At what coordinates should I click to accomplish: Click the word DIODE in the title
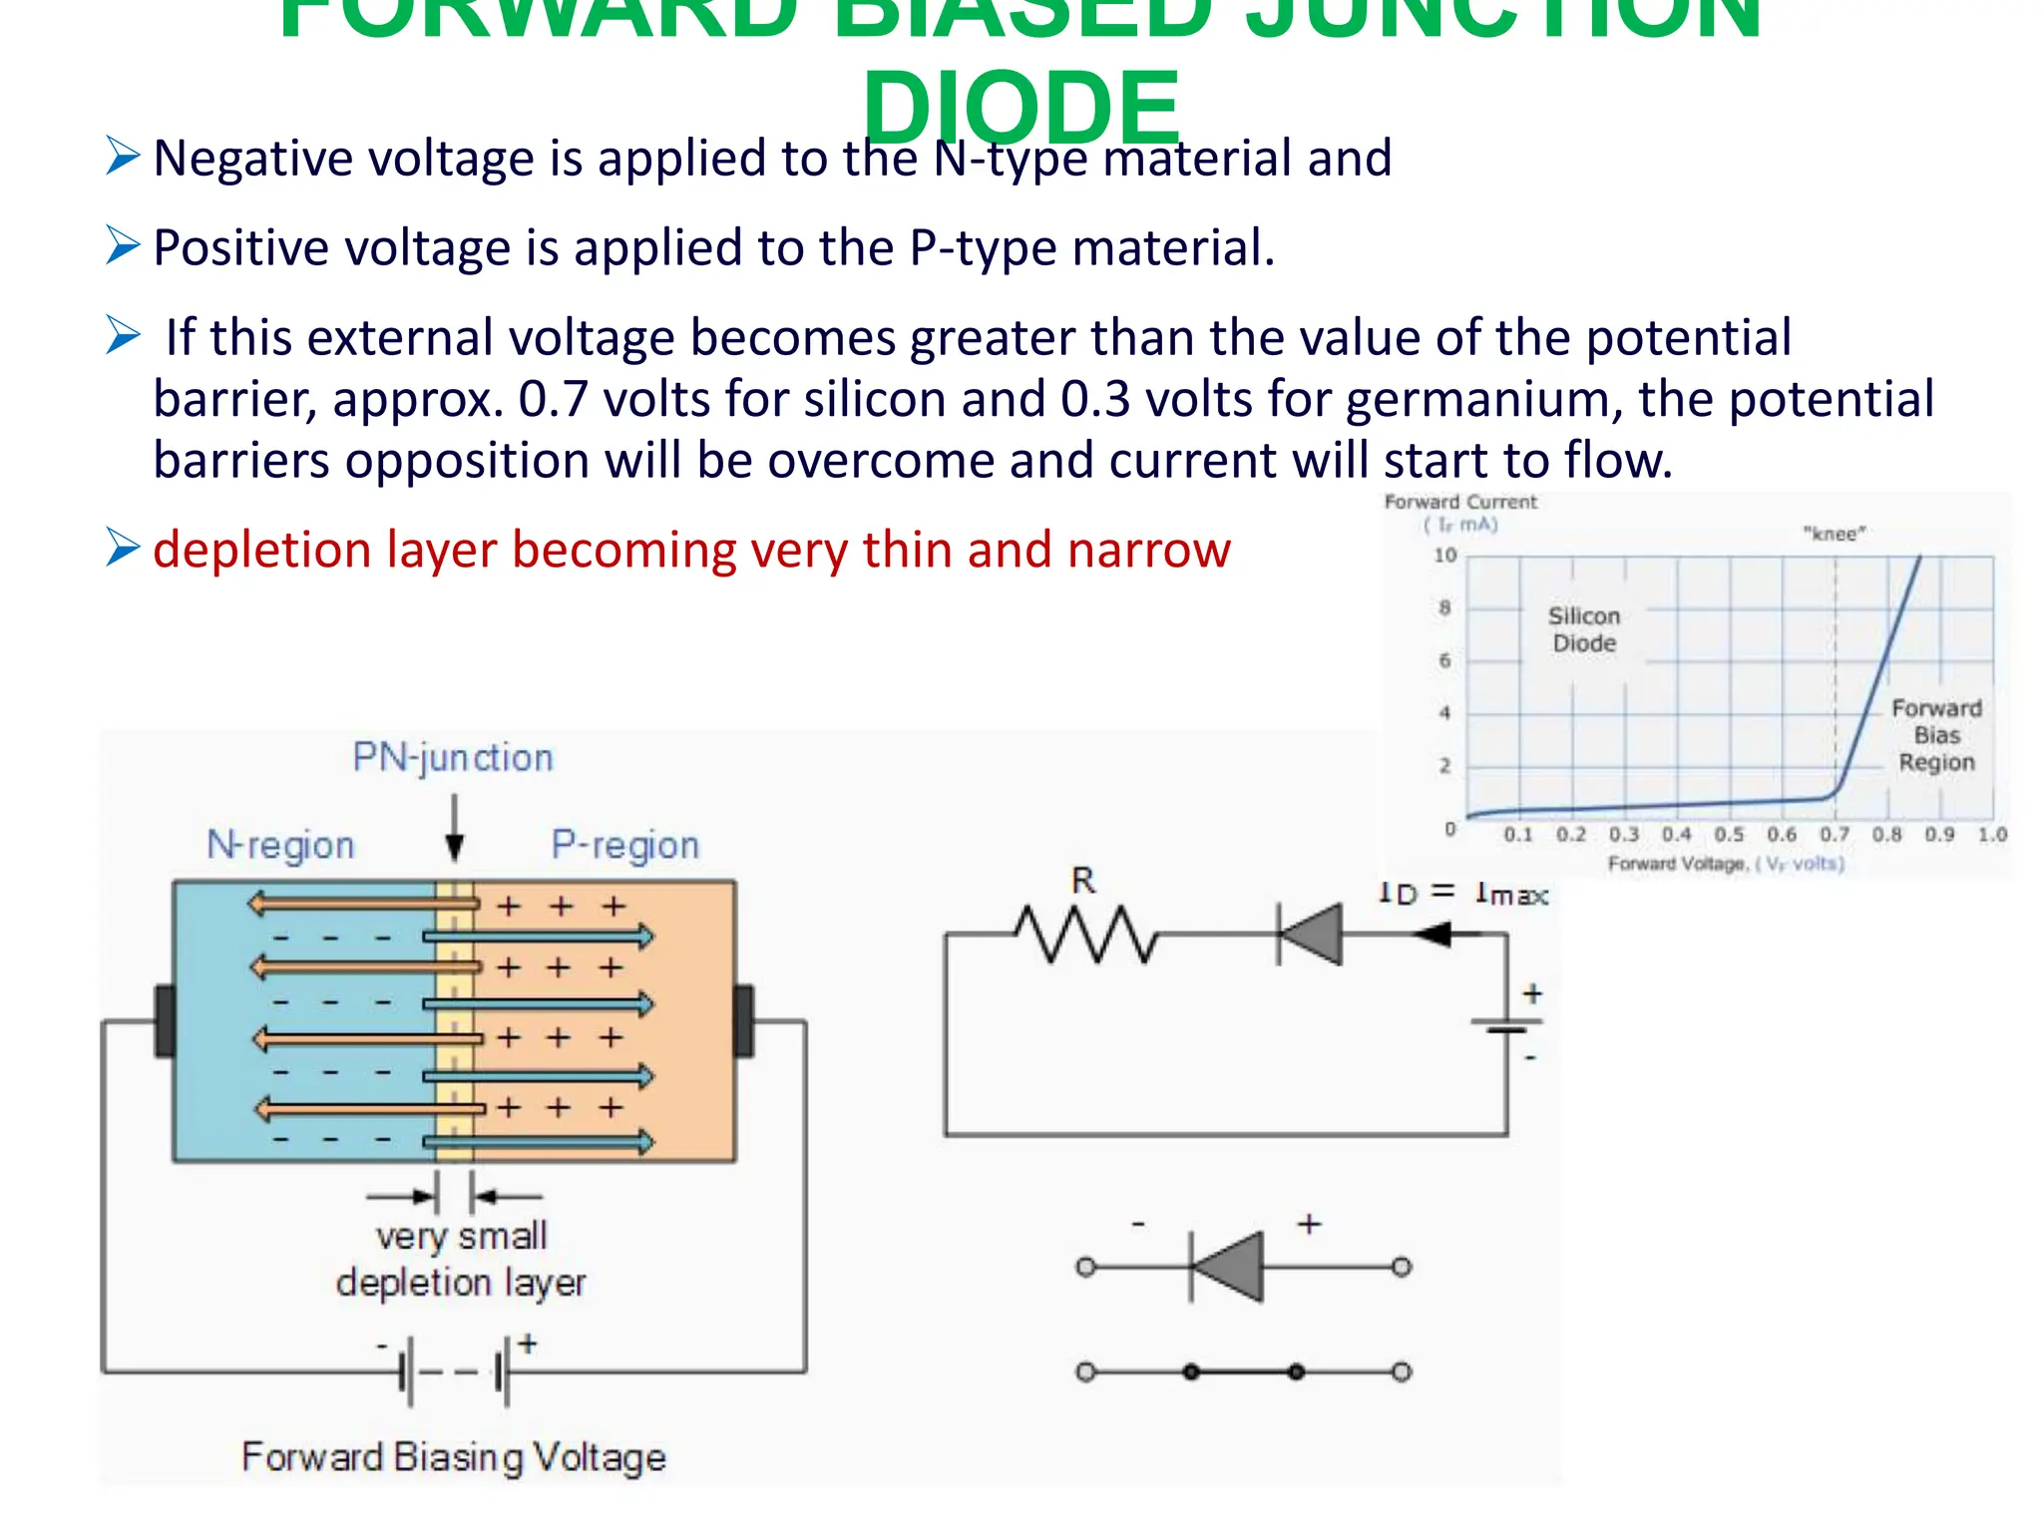pos(1021,108)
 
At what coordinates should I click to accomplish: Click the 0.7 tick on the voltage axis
pos(1834,835)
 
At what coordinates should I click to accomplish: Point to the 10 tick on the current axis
pos(1445,556)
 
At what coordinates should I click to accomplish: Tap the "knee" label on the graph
pos(1834,535)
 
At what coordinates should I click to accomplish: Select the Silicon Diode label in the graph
pos(1584,629)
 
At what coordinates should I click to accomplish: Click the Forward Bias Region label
pos(1936,735)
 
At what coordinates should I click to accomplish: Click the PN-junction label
pos(453,758)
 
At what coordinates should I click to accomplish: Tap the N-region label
pos(280,845)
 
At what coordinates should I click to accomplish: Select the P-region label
pos(625,845)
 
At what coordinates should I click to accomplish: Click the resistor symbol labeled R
pos(1085,935)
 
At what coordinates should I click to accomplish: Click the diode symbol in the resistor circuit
pos(1311,935)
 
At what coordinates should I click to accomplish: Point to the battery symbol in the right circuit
pos(1506,1025)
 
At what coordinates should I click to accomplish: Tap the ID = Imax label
pos(1462,894)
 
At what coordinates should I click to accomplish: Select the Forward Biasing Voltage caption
pos(454,1457)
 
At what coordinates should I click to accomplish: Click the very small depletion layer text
pos(461,1259)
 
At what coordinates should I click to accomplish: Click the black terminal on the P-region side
pos(743,1020)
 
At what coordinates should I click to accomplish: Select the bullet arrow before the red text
pos(123,549)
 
